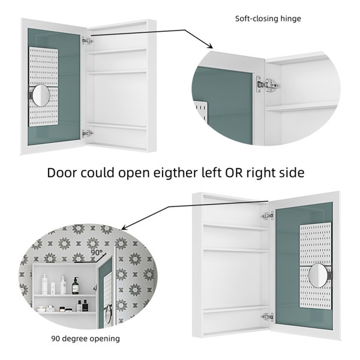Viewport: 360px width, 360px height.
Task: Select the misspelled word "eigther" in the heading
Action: pos(176,173)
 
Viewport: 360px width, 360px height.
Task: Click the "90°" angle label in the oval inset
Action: pos(97,253)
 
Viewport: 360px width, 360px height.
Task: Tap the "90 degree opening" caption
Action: pos(85,338)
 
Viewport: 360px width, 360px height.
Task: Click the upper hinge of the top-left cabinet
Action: pos(88,41)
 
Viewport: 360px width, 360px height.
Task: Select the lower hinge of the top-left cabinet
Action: pos(88,133)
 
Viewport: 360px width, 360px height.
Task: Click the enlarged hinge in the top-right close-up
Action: pos(268,85)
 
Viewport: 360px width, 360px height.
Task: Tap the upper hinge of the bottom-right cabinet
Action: pos(268,216)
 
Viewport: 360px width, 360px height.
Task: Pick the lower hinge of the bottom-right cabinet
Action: pos(268,317)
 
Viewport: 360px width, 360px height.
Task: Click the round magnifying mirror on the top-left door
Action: pos(41,95)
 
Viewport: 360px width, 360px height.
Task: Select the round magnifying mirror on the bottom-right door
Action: pos(317,275)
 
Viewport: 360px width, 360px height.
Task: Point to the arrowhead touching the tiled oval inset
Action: pos(124,228)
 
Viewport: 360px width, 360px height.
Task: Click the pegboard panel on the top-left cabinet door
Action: pos(44,86)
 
